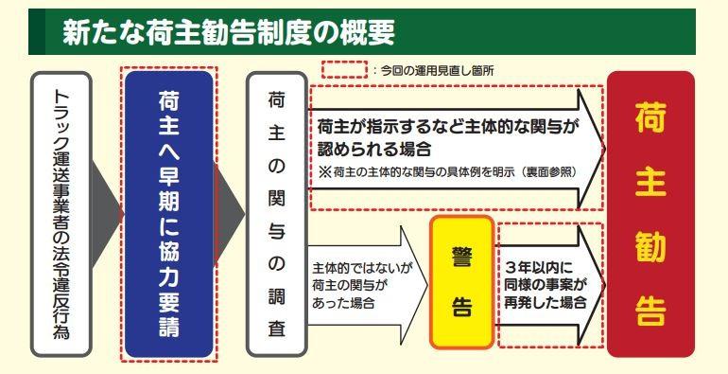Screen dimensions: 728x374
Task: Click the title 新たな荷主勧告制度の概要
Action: (229, 32)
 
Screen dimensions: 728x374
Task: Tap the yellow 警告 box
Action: (461, 282)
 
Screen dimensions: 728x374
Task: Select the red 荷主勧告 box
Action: (650, 214)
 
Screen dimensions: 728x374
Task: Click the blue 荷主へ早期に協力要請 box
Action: (169, 214)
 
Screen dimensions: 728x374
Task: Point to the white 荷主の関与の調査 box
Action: (277, 214)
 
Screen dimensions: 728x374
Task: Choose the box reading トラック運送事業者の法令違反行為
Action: (61, 214)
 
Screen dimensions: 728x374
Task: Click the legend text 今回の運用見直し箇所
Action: (437, 71)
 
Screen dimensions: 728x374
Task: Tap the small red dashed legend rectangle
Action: (344, 69)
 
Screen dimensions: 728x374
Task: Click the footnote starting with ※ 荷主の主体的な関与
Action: (448, 171)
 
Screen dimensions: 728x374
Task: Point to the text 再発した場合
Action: (546, 303)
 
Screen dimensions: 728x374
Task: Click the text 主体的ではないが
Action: (362, 269)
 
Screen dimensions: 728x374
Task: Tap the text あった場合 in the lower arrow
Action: (343, 303)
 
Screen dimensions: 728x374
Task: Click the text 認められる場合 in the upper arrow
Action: (374, 149)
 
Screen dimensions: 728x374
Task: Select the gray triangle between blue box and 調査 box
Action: (230, 214)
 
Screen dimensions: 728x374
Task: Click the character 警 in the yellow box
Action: (461, 258)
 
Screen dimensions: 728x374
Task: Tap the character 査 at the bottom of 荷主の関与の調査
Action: (277, 329)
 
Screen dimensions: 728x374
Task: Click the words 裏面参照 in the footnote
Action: (547, 171)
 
